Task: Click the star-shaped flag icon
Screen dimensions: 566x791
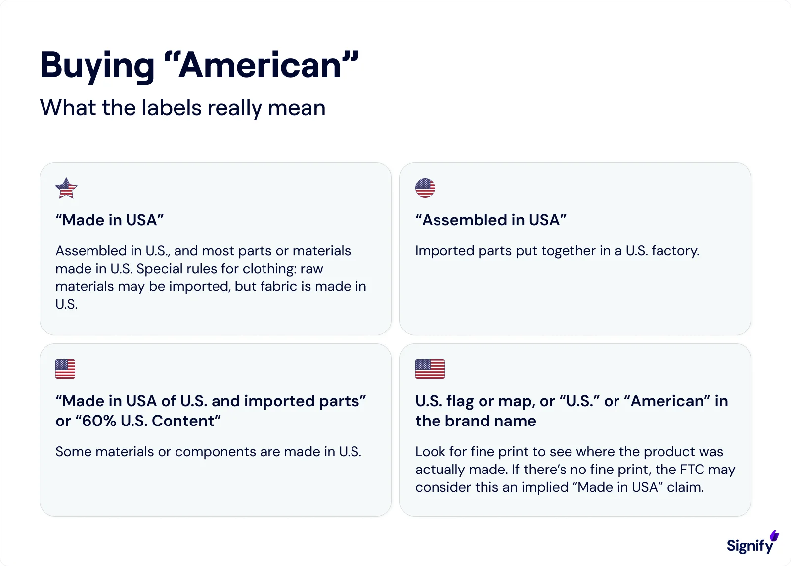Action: click(66, 188)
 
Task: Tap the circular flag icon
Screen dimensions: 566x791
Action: click(425, 188)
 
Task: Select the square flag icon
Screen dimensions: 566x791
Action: click(65, 369)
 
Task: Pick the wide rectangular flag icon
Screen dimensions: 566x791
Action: click(430, 369)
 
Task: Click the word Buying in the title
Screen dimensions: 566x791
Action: click(97, 66)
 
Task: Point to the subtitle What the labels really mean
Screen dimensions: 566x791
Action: click(182, 108)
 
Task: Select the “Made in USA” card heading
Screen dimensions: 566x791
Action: click(110, 220)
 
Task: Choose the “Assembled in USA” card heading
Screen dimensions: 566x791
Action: click(491, 220)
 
